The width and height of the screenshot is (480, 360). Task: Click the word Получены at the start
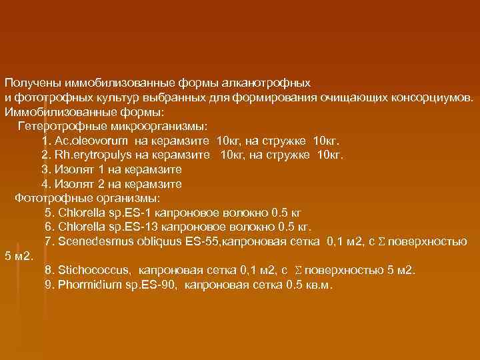[x=31, y=83]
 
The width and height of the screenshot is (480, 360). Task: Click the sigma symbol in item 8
[x=298, y=271]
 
